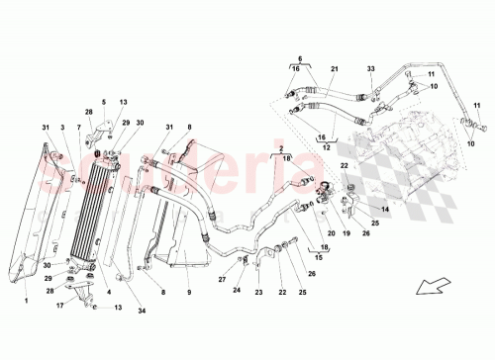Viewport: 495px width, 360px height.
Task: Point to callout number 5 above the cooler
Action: [x=102, y=102]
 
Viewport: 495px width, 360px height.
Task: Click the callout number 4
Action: [x=105, y=293]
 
